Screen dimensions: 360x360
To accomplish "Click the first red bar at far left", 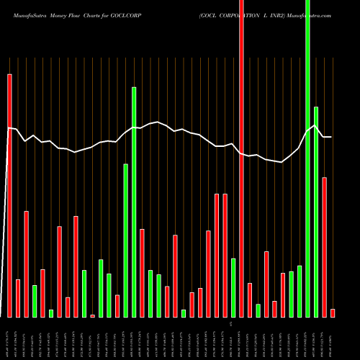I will (x=9, y=194).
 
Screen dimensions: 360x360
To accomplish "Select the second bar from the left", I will (x=18, y=298).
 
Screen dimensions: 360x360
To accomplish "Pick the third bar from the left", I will (x=26, y=264).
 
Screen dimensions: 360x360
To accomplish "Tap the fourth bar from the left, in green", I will (x=35, y=301).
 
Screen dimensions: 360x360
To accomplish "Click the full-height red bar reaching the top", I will (x=241, y=158).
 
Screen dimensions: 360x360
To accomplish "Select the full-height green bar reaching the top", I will (x=307, y=158).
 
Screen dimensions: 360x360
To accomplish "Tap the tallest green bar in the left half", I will (x=134, y=202).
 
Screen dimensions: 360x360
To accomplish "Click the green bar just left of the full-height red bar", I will (x=233, y=287).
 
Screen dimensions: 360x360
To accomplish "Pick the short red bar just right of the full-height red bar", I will (x=250, y=300).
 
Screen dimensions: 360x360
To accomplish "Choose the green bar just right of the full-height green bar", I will (x=316, y=212).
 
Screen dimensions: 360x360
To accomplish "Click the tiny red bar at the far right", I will (x=333, y=312).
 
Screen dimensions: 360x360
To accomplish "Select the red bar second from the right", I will (x=325, y=247).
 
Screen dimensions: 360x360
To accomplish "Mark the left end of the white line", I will (x=8, y=128).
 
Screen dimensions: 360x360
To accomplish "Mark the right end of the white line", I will (x=331, y=137).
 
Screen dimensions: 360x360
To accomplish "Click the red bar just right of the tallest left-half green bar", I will (x=142, y=273).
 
